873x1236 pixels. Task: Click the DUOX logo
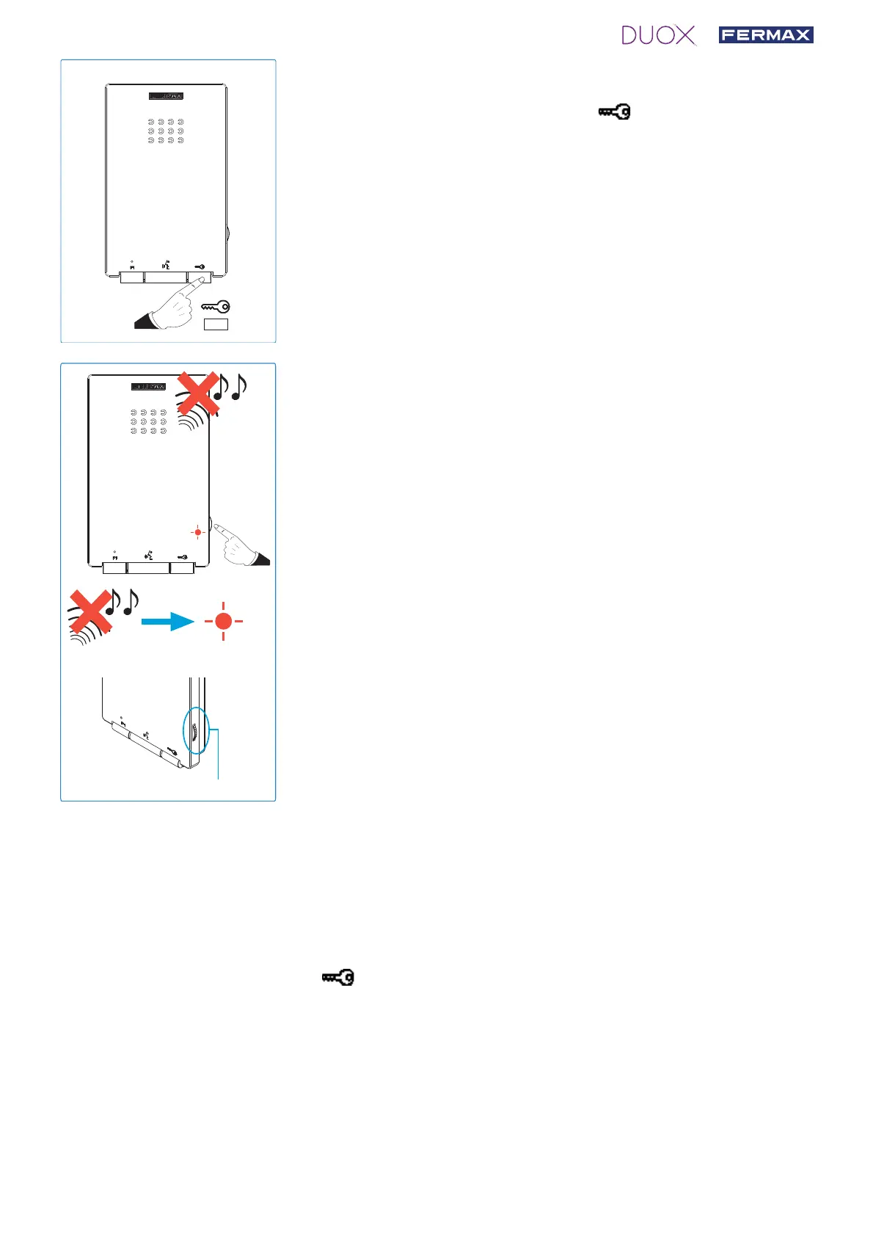coord(658,35)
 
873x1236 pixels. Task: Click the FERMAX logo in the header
coord(765,34)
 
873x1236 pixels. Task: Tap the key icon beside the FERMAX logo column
coord(614,112)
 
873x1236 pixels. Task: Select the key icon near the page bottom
coord(338,978)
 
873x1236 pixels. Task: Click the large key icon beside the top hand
coord(216,307)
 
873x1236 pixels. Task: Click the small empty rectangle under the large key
coord(216,324)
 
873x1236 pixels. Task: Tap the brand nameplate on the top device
coord(166,96)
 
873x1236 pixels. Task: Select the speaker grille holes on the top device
coord(166,131)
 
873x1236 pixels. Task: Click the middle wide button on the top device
coord(165,277)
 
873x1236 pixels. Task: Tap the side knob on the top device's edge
coord(227,235)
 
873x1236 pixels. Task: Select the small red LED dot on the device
coord(197,532)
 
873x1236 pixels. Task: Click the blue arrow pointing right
coord(167,622)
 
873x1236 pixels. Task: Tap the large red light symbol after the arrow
coord(224,622)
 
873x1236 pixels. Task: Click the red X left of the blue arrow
coord(90,611)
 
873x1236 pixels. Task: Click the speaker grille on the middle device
coord(148,422)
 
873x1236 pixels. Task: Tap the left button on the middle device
coord(114,567)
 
